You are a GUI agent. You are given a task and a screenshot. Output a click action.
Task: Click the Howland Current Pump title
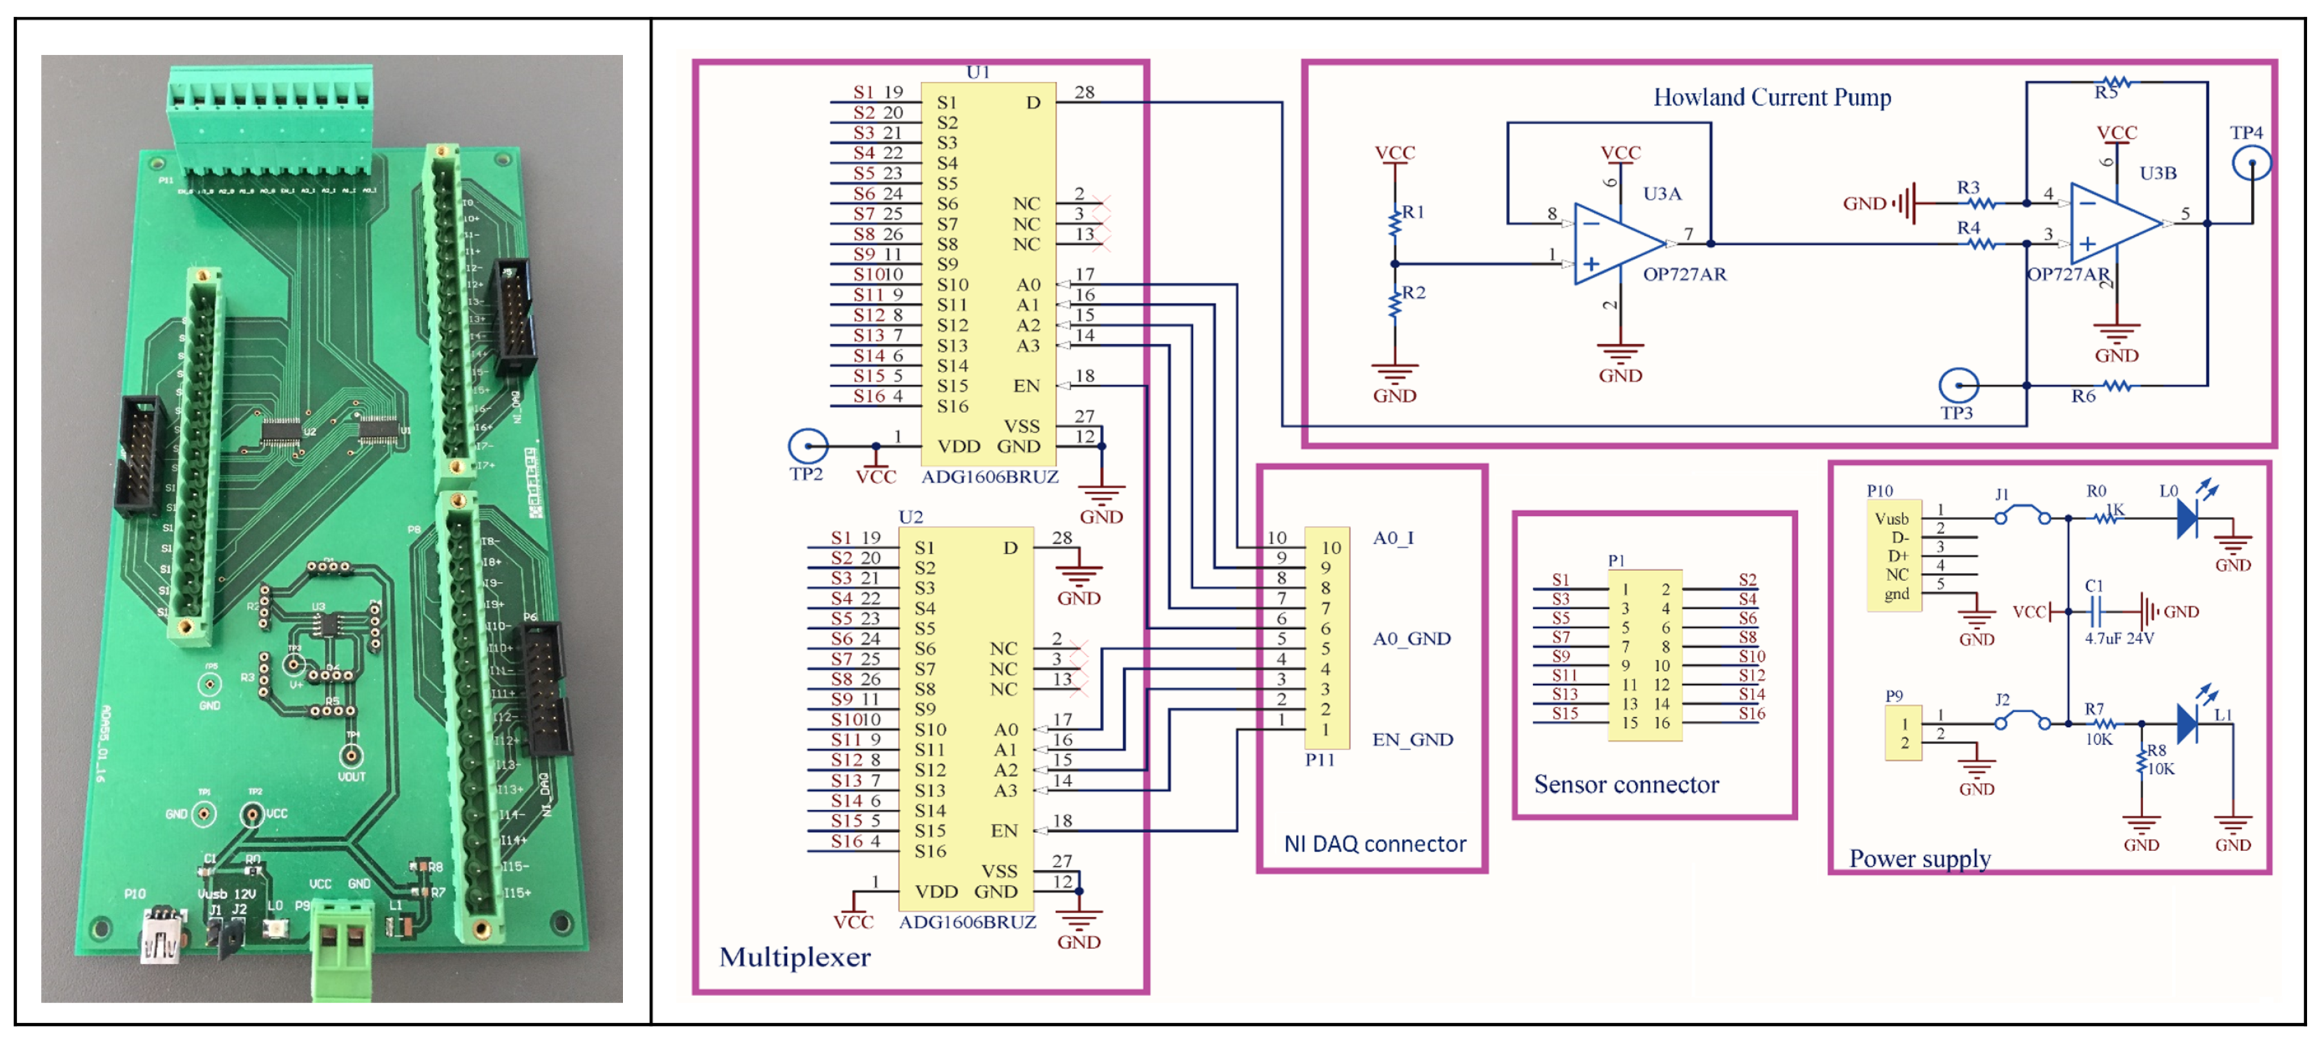pos(1771,97)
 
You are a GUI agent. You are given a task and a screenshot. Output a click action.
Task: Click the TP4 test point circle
pos(2251,163)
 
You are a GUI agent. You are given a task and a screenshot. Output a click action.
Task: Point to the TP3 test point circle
pos(1958,386)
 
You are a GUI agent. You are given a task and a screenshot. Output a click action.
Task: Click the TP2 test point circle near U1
pos(807,446)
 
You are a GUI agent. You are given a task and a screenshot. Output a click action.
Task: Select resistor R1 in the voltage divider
pos(1396,219)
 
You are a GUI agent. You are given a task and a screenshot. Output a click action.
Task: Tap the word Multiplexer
pos(795,957)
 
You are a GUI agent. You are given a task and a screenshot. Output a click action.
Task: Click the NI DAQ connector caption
pos(1374,844)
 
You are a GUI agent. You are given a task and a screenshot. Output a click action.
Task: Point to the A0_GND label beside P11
pos(1411,639)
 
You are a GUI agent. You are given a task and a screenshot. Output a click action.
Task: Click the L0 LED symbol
pos(2188,518)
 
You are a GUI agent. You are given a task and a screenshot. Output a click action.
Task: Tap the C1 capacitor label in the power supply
pos(2094,586)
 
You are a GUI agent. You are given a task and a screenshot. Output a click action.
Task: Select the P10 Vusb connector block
pos(1894,555)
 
